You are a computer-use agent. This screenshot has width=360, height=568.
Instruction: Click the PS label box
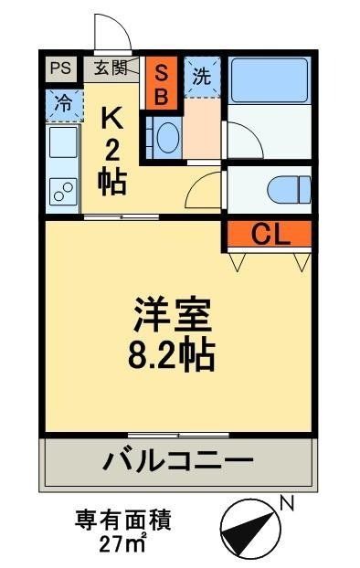coord(60,68)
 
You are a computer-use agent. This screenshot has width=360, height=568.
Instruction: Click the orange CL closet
coord(270,235)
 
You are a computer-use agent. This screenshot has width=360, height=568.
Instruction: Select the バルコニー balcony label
coord(177,460)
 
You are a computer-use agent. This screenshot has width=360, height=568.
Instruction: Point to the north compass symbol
coord(248,525)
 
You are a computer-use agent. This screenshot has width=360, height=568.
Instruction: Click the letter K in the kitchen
coord(111,118)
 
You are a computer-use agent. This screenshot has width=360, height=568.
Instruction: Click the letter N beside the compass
coord(286,501)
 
